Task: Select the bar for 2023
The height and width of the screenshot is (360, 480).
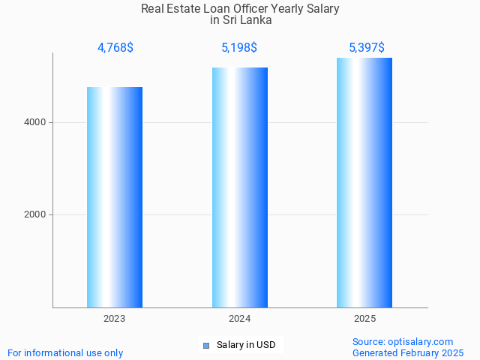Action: tap(115, 197)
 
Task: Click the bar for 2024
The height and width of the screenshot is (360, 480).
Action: tap(240, 187)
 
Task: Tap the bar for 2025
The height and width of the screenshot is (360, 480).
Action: tap(364, 182)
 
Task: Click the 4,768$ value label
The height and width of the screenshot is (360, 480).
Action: tap(115, 48)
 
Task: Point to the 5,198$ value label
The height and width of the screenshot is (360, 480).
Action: tap(239, 48)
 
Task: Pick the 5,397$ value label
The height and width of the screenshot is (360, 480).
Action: tap(367, 48)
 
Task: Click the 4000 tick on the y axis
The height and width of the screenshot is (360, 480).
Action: tap(34, 122)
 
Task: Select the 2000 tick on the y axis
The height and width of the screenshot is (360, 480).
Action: tap(34, 214)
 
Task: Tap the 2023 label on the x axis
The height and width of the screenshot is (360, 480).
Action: tap(115, 319)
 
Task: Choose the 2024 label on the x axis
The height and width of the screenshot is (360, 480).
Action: tap(240, 319)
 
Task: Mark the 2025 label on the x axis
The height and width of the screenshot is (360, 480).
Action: tap(364, 319)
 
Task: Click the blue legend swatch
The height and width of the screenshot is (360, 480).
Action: tap(206, 345)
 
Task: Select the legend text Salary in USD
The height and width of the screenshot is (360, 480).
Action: tap(246, 345)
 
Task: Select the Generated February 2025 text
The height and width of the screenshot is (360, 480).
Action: tap(408, 352)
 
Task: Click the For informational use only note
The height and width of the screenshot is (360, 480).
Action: tap(65, 352)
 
